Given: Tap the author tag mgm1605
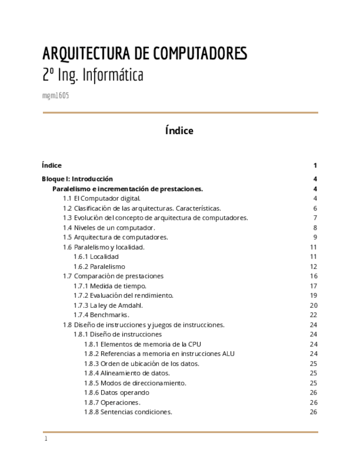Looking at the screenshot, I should point(56,96).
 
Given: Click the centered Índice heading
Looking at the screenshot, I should point(179,131).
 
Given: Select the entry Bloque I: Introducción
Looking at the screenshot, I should point(77,179).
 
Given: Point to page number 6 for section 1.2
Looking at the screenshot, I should point(315,208).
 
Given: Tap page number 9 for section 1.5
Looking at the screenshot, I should point(315,237).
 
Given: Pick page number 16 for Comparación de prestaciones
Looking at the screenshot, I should point(314,276).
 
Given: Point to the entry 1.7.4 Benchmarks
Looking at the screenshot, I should point(101,315).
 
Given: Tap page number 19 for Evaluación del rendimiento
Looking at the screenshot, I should point(314,296).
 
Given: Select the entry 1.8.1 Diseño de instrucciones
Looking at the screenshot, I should point(118,334).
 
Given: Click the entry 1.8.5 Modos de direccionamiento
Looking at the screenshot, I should point(135,383).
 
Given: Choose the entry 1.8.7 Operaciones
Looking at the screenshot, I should point(112,402).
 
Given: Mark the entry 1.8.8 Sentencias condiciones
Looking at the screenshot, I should point(128,412).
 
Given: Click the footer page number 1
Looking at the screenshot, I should point(46,439).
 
